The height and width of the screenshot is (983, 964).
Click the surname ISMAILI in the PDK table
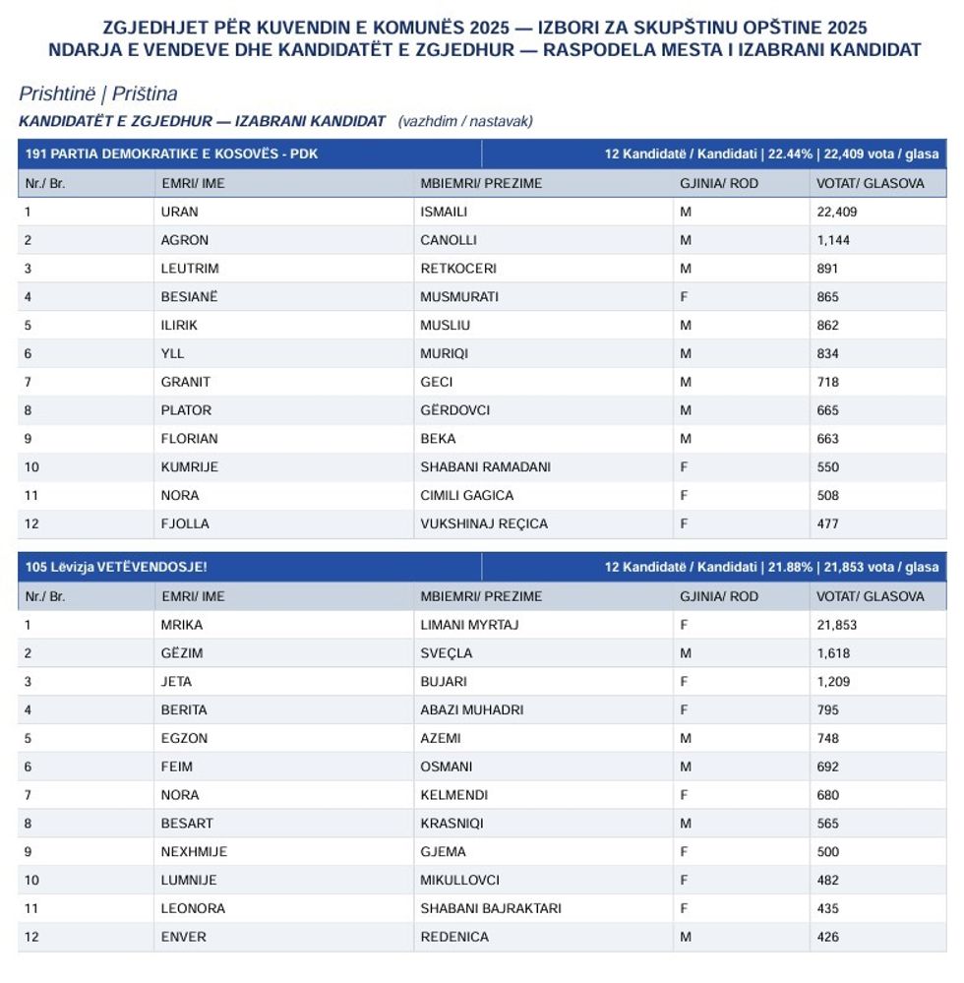(444, 212)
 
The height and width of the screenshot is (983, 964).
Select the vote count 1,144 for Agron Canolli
(832, 240)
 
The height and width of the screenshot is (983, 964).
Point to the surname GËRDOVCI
(454, 410)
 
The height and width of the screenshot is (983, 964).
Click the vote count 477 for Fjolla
(827, 523)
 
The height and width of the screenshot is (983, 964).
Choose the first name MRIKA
(181, 625)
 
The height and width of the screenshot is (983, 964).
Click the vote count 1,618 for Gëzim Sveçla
(832, 653)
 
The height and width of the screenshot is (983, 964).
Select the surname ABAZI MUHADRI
(471, 709)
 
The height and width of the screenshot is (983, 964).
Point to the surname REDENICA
(454, 937)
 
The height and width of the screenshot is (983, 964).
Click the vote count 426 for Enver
(827, 937)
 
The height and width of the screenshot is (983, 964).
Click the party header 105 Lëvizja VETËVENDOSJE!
(116, 568)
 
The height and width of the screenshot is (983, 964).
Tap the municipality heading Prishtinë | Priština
(97, 94)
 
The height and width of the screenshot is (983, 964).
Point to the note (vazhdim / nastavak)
(465, 121)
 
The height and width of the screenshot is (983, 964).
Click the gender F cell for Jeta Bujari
(684, 681)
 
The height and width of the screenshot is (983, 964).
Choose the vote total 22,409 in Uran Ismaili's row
(836, 212)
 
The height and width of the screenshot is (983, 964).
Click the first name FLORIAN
(189, 439)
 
